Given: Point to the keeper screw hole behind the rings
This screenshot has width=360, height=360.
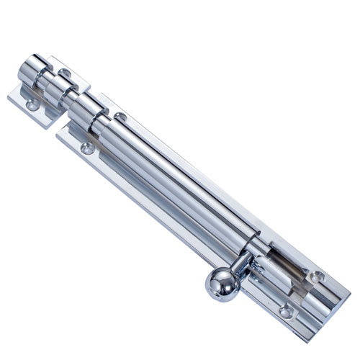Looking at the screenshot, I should pyautogui.click(x=66, y=73).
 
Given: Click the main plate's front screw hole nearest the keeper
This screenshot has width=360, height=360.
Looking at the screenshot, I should pyautogui.click(x=87, y=149).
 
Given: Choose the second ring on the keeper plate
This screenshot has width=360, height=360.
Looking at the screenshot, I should pyautogui.click(x=58, y=90).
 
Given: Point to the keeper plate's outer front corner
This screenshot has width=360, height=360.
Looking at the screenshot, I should pyautogui.click(x=14, y=97).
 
